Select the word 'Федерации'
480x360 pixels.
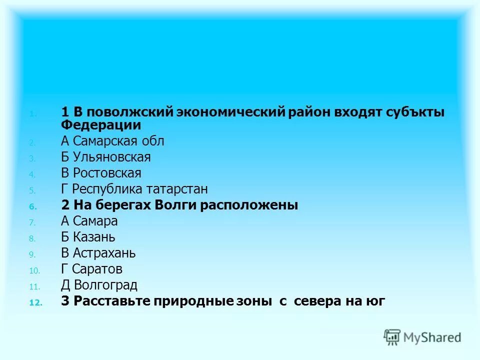[101, 125]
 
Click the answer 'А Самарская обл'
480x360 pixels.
[112, 141]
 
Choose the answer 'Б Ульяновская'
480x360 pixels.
[105, 157]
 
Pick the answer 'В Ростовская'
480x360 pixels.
[101, 173]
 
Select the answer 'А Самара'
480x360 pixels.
[89, 221]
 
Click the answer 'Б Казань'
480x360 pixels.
[88, 237]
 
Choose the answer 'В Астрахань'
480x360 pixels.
[98, 253]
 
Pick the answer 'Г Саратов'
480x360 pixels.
[91, 269]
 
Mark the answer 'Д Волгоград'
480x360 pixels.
[99, 285]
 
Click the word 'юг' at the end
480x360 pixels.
[376, 301]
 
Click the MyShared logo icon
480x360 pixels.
[392, 337]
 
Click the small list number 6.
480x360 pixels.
[33, 206]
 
